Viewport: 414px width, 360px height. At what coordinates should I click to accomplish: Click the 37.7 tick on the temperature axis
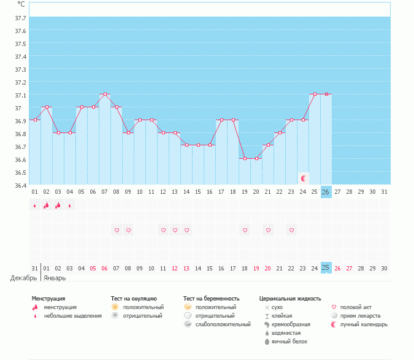coord(20,18)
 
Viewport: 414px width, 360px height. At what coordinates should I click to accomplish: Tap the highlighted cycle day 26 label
coord(326,192)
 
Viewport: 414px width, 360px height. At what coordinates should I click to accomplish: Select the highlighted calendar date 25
coord(326,268)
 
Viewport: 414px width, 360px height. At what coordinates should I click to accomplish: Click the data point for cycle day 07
coord(105,94)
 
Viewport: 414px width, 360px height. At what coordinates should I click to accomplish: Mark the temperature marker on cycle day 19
coord(245,158)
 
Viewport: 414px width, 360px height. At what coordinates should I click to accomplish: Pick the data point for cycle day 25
coord(314,94)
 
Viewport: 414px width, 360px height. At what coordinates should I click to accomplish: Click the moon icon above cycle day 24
coord(304,178)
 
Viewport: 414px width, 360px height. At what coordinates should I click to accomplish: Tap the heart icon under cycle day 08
coord(117,231)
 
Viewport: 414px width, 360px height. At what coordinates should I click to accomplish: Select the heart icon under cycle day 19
coord(245,231)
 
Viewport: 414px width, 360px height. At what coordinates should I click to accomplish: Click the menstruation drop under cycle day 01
coord(35,205)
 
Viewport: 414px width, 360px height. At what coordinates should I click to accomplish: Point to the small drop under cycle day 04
coord(70,206)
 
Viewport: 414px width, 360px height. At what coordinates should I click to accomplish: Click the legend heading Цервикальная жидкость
coord(290,299)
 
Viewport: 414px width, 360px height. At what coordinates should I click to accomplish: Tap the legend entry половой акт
coord(356,307)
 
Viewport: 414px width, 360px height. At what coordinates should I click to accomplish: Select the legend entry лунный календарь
coord(364,324)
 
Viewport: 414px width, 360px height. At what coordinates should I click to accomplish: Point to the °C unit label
coord(21,4)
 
